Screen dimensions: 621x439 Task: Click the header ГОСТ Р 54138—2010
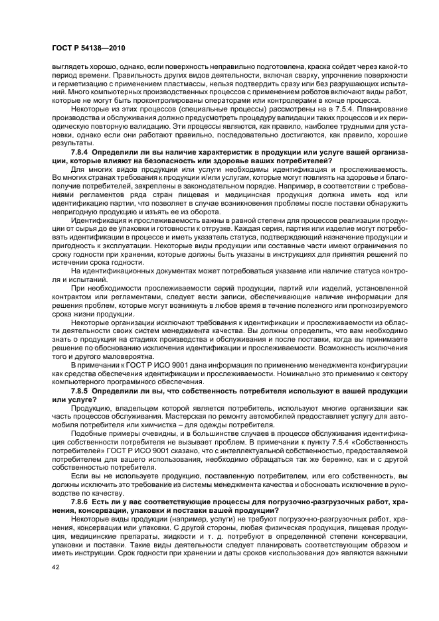88,49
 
